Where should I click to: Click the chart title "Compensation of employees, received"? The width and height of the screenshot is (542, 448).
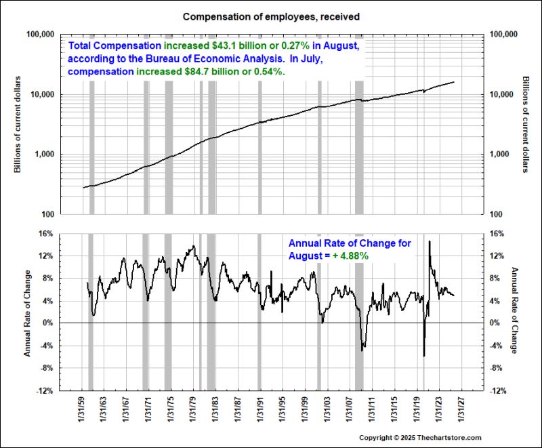(x=270, y=15)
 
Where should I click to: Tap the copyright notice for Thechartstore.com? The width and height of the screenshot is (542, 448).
(x=419, y=438)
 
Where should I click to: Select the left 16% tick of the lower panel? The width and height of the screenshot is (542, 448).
(x=46, y=233)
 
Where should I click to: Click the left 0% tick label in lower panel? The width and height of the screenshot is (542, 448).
(x=48, y=323)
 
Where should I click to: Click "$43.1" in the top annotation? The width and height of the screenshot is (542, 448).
(x=225, y=46)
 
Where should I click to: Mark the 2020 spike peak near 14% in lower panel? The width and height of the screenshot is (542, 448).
(x=429, y=241)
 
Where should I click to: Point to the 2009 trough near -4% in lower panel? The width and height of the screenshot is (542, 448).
(x=362, y=350)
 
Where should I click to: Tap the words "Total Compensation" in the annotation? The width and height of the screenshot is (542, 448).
(x=114, y=46)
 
